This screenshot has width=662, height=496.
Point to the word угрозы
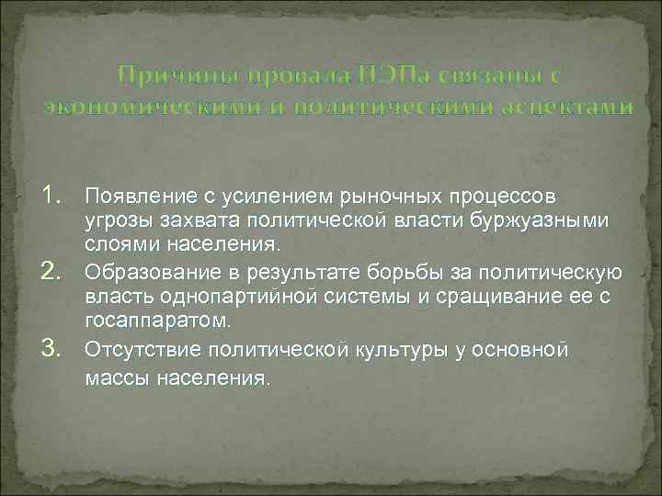coord(114,221)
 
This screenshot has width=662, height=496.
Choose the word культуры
coord(407,350)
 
